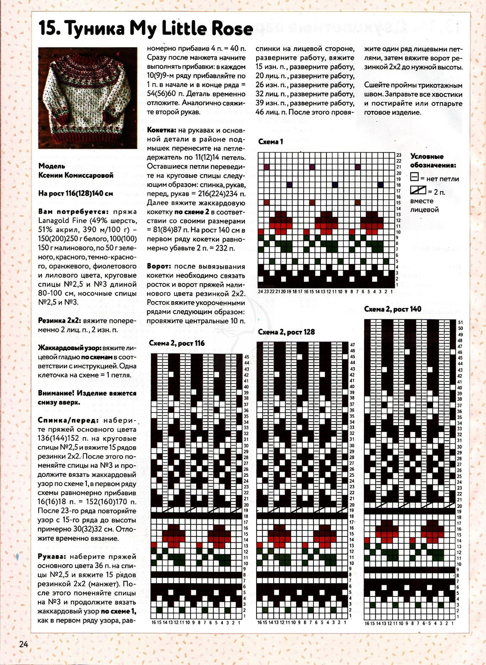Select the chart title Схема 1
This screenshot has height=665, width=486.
270,142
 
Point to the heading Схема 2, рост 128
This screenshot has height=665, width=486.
286,332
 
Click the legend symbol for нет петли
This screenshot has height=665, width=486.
414,178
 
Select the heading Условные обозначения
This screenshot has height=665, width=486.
433,161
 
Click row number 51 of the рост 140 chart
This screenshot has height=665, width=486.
460,322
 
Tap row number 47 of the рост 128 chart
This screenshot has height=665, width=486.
352,345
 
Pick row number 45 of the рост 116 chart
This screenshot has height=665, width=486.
246,357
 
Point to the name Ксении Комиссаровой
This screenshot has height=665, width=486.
76,176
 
